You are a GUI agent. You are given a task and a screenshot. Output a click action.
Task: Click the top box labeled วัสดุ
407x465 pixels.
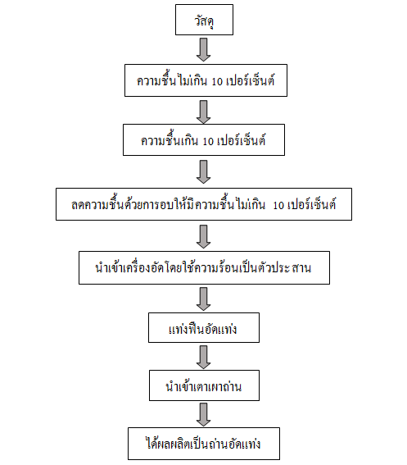[x=204, y=20]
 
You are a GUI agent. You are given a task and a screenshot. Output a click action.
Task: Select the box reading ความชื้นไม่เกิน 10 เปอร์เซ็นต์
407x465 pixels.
[x=206, y=80]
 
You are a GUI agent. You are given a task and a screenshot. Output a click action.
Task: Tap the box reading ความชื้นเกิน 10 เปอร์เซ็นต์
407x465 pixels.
[x=204, y=139]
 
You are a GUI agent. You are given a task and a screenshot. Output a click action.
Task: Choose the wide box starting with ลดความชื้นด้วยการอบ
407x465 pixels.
[x=204, y=204]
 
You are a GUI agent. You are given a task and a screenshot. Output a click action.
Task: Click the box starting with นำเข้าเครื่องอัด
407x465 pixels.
[x=204, y=268]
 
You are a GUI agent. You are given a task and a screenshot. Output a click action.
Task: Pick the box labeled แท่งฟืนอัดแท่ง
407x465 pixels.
[x=204, y=327]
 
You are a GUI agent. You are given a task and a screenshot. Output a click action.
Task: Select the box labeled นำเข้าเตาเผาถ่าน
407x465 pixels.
[x=204, y=385]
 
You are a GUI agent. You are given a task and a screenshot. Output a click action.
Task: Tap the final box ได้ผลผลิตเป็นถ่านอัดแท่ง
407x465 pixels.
[x=204, y=444]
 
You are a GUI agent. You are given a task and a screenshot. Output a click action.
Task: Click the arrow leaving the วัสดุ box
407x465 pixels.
[x=203, y=49]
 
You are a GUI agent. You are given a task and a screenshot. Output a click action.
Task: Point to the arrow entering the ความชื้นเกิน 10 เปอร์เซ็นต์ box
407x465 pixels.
[x=203, y=112]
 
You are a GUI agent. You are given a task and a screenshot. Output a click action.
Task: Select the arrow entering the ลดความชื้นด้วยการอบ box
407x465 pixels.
[x=203, y=171]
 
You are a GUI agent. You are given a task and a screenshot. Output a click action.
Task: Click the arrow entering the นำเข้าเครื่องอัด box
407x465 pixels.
[x=203, y=236]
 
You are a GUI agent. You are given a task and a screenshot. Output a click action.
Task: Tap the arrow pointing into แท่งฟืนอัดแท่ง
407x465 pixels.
[x=203, y=299]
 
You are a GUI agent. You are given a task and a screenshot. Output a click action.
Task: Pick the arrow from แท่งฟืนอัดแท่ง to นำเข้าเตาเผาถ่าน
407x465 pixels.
[x=203, y=357]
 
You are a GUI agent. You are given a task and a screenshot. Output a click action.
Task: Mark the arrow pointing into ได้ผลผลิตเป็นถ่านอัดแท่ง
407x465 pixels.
[x=203, y=415]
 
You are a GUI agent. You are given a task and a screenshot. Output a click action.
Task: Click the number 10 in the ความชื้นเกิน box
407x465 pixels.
[x=208, y=142]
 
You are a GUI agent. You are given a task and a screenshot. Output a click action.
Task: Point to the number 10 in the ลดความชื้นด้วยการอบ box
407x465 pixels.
[x=278, y=206]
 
